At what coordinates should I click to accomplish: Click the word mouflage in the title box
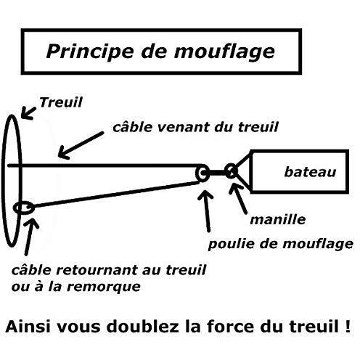click(224, 52)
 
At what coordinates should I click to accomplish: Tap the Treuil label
click(61, 102)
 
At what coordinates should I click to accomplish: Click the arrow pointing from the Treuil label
click(28, 113)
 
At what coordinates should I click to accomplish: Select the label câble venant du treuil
click(195, 127)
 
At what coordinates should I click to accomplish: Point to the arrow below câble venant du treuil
click(81, 145)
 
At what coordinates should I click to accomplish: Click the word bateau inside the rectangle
click(310, 172)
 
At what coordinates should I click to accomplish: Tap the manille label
click(278, 220)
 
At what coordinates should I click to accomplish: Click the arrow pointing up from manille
click(238, 199)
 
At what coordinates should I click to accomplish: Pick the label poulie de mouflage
click(281, 244)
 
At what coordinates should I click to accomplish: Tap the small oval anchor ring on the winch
click(15, 208)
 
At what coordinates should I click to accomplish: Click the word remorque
click(104, 287)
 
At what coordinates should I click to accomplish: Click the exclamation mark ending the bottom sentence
click(348, 326)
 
